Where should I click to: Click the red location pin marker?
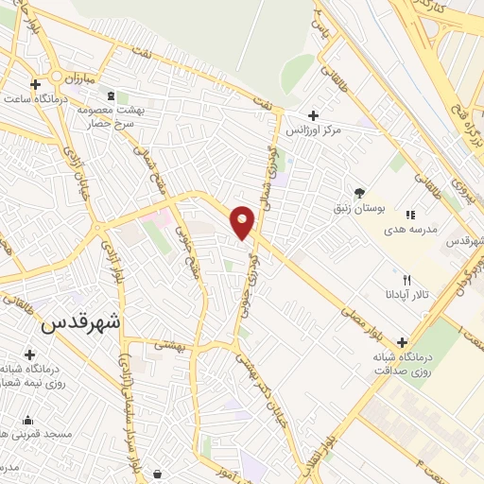[x=243, y=221]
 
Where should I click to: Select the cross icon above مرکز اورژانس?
[x=314, y=114]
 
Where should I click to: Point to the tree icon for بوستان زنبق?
[x=358, y=191]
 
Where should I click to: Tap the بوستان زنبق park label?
[x=353, y=206]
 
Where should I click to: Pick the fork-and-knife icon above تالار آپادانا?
[x=407, y=279]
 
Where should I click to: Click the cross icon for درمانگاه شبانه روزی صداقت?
[x=405, y=342]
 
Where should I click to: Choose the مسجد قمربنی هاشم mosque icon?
[x=28, y=421]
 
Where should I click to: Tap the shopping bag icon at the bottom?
[x=157, y=473]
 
